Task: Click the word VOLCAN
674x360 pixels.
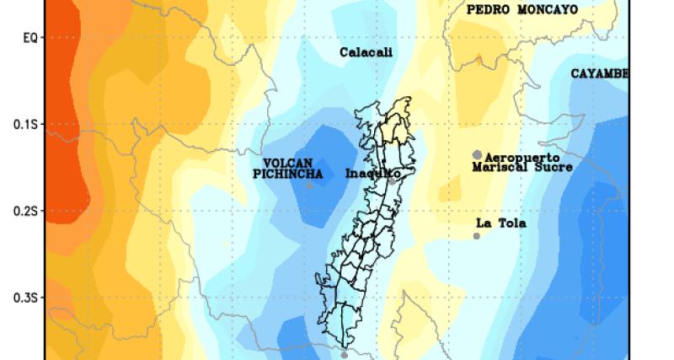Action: click(x=288, y=162)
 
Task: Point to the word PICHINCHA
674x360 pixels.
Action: click(x=288, y=174)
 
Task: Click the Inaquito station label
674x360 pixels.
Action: click(x=371, y=174)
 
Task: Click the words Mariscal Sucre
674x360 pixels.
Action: click(x=522, y=168)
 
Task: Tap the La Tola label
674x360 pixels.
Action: click(x=500, y=223)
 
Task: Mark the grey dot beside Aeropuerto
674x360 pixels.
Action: click(x=478, y=155)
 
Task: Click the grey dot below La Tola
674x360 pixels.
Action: click(x=477, y=236)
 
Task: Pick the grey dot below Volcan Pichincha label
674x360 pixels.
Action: click(x=309, y=185)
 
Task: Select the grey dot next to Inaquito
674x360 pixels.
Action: click(x=393, y=180)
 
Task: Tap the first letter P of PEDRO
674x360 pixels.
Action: click(x=470, y=10)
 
